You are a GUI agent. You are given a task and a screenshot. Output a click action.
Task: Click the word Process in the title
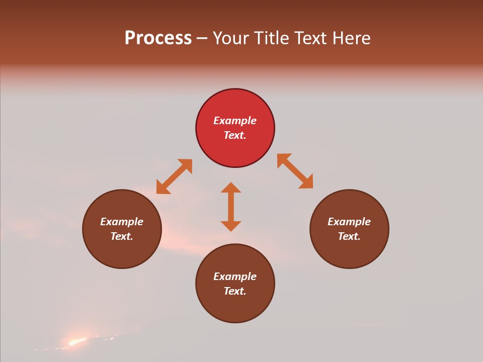tap(158, 38)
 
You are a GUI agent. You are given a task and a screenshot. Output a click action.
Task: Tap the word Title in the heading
tap(272, 38)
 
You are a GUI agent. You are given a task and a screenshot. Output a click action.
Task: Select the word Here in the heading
tap(351, 38)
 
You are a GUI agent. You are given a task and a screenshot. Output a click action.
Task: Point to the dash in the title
tap(202, 39)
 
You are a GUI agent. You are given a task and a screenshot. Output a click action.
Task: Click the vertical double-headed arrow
tap(231, 207)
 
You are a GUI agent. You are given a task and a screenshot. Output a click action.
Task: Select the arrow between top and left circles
tap(174, 176)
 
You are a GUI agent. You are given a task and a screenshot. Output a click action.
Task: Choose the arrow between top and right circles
tap(295, 171)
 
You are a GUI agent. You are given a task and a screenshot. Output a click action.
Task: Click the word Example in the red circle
tap(235, 121)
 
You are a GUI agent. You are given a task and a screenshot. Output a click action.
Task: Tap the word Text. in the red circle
tap(235, 135)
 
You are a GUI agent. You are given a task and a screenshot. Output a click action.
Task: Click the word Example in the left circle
tap(122, 222)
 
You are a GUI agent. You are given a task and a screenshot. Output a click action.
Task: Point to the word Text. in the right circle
tap(349, 236)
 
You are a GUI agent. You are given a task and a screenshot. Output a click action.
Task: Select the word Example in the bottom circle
tap(235, 277)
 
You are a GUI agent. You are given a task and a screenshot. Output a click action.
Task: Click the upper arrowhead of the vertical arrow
tap(231, 188)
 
